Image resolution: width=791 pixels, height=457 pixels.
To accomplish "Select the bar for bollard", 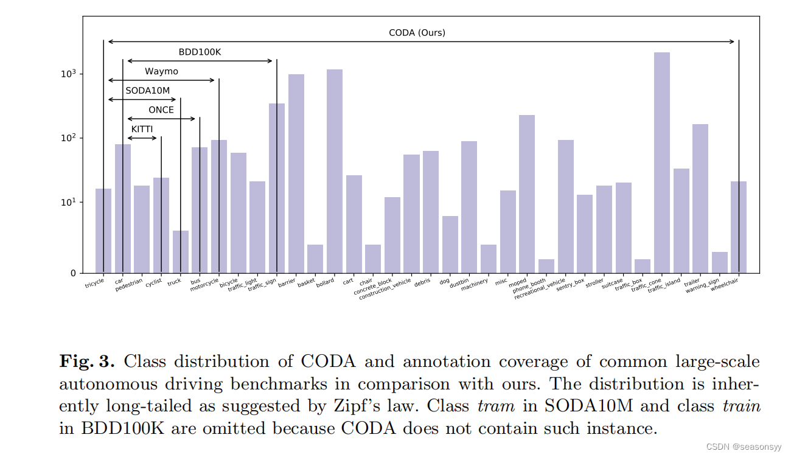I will pyautogui.click(x=335, y=171).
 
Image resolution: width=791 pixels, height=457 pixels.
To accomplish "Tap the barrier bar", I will pyautogui.click(x=296, y=173).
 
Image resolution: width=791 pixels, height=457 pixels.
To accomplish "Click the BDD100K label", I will pyautogui.click(x=200, y=52).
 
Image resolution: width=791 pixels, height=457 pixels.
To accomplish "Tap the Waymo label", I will pyautogui.click(x=161, y=72).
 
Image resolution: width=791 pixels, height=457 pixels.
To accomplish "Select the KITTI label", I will pyautogui.click(x=142, y=130).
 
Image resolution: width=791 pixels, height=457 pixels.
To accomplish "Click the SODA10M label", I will pyautogui.click(x=147, y=91).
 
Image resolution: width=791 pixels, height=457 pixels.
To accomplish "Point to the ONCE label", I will pyautogui.click(x=161, y=110).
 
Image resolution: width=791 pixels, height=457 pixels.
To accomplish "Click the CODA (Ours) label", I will pyautogui.click(x=417, y=33).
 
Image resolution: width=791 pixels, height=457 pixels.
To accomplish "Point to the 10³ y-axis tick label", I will pyautogui.click(x=68, y=74).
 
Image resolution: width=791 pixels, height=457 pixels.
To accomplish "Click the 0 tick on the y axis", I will pyautogui.click(x=74, y=273).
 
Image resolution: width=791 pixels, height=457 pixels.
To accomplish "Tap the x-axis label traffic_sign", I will pyautogui.click(x=263, y=285).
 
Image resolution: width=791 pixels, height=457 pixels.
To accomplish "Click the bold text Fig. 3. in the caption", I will pyautogui.click(x=86, y=361).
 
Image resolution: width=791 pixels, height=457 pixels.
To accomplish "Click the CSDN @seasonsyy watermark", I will pyautogui.click(x=744, y=447).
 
